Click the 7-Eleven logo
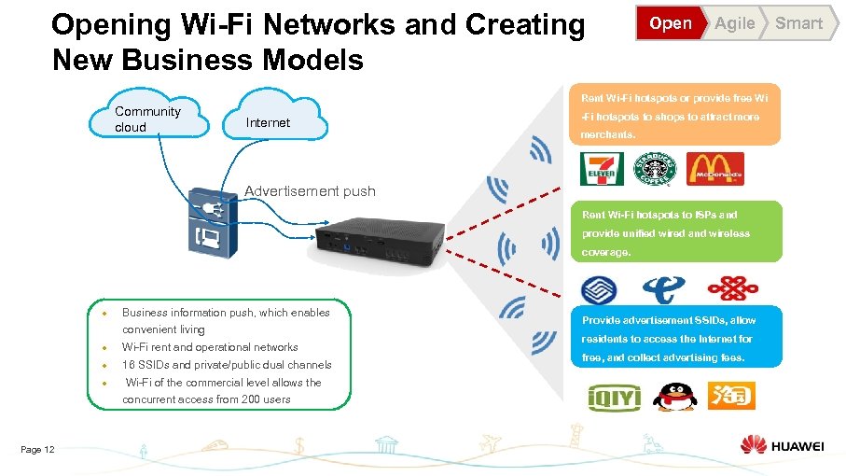point(603,168)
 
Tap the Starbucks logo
point(652,169)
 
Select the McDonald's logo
point(716,168)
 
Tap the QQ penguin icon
point(672,395)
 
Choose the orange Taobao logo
point(730,396)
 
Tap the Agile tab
point(734,23)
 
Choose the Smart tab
point(799,23)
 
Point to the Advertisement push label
point(310,191)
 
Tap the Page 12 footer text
point(37,450)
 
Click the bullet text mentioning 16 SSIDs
point(227,364)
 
